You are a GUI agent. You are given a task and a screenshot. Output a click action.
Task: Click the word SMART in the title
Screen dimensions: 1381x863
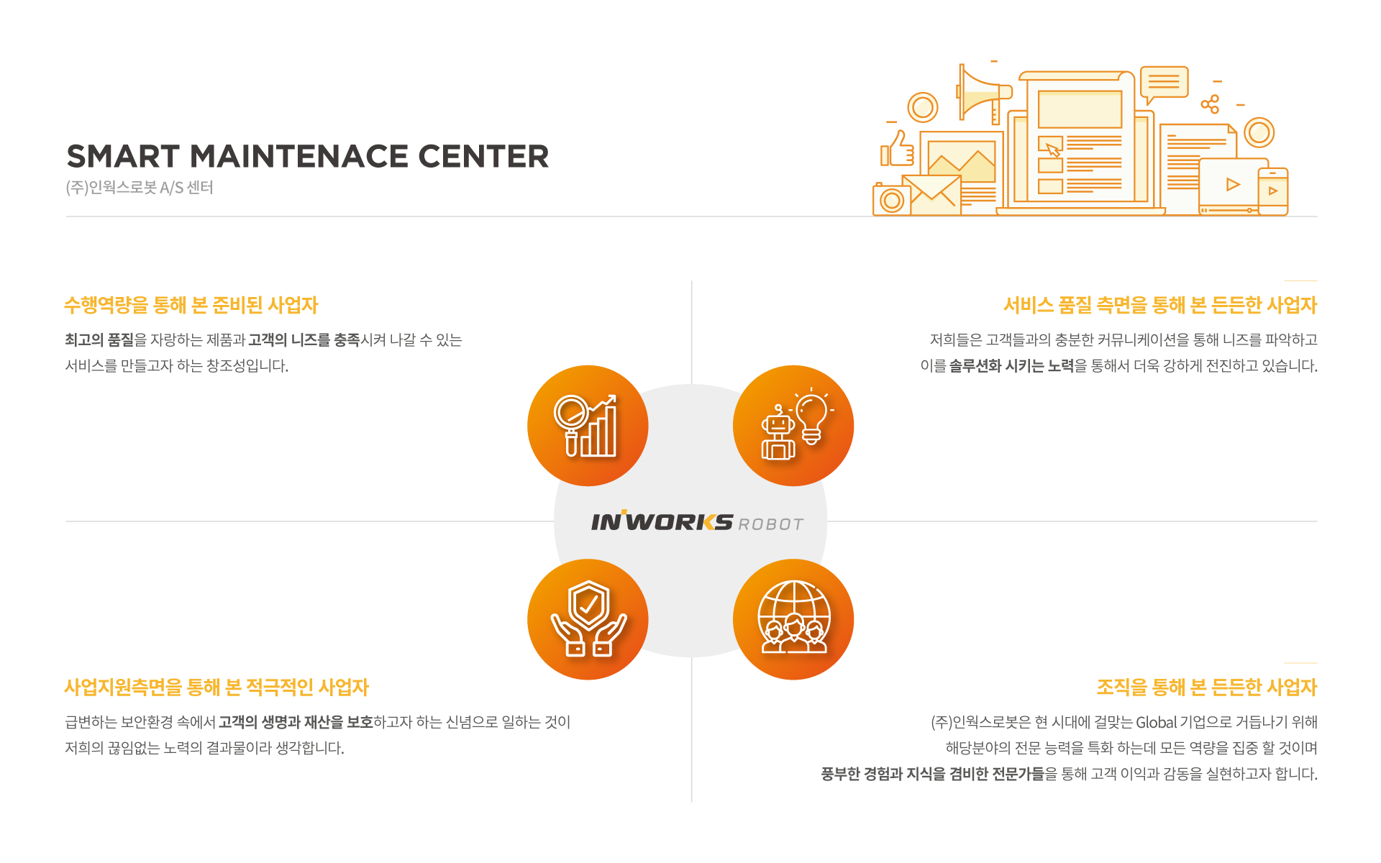[123, 156]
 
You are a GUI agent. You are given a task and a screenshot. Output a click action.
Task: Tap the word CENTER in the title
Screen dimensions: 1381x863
[483, 156]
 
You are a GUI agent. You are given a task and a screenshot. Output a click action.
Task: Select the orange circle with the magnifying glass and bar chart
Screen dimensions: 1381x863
[588, 426]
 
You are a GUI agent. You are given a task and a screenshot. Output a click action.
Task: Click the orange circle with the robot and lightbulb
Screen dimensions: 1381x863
[793, 426]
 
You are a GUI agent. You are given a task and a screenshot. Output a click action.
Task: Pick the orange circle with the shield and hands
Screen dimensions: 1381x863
[588, 619]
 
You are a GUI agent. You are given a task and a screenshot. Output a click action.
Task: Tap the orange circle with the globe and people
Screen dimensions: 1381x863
[793, 619]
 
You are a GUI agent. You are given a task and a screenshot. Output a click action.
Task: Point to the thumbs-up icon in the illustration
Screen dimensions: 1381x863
[898, 149]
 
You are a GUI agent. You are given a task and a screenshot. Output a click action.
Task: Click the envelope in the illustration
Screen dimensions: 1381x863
[931, 194]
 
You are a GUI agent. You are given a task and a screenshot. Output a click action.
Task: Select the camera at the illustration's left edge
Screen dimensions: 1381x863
[891, 199]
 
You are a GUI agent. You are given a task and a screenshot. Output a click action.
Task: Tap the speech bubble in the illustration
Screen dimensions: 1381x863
[1163, 85]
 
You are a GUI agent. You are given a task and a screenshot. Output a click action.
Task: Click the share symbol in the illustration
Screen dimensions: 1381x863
[1211, 104]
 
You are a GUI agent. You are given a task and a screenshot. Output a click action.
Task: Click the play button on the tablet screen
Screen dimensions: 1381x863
[1233, 185]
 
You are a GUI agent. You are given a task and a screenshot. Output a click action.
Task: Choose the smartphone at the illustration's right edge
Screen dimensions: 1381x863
[1272, 191]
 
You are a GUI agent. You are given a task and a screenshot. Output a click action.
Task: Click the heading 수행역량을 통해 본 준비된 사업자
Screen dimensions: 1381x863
[191, 305]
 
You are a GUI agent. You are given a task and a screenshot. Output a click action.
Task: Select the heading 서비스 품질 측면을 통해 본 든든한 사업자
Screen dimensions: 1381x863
[1160, 305]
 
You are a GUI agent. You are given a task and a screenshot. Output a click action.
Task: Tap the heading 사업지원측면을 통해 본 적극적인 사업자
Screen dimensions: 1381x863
[217, 688]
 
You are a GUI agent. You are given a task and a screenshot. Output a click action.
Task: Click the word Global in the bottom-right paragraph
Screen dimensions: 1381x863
[1157, 722]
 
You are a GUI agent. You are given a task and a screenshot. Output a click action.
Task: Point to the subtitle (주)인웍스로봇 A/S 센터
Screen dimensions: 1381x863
[140, 188]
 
